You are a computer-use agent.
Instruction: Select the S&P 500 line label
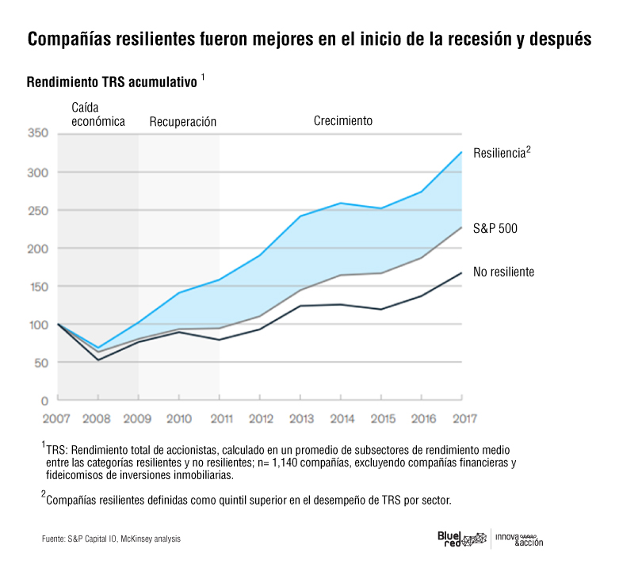495,228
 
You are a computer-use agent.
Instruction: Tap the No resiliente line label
503,272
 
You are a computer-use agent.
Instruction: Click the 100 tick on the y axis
38,325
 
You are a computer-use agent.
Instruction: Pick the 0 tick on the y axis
44,401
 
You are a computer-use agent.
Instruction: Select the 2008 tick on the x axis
97,417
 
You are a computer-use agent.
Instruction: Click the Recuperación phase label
182,122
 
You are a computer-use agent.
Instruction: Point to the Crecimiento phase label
342,121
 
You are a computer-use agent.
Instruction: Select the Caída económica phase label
98,114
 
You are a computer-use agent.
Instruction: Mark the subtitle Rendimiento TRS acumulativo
112,82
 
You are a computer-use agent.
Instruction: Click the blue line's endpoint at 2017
461,152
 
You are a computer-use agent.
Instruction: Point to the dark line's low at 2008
97,360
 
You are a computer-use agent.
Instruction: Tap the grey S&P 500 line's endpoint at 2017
461,227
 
